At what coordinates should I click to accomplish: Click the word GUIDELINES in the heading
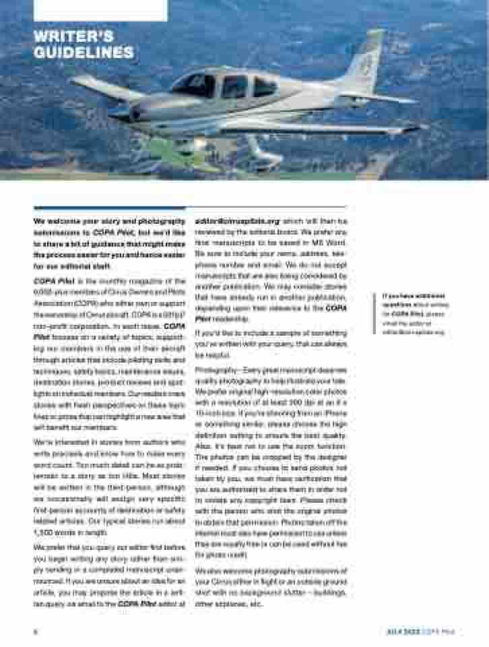pyautogui.click(x=83, y=52)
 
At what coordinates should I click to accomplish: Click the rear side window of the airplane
pyautogui.click(x=263, y=86)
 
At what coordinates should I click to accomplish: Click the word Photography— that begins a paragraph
pyautogui.click(x=215, y=370)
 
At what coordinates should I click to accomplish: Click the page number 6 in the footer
pyautogui.click(x=35, y=631)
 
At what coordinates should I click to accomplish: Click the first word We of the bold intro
pyautogui.click(x=38, y=220)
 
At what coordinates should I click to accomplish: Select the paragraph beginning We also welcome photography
pyautogui.click(x=270, y=586)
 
